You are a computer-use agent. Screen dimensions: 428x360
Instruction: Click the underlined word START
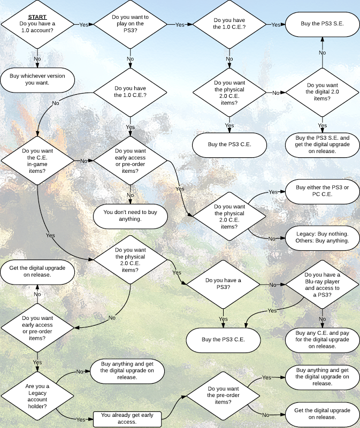[37, 17]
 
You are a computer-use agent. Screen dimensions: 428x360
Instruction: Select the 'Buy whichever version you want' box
[37, 79]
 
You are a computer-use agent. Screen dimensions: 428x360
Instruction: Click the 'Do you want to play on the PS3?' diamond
[131, 24]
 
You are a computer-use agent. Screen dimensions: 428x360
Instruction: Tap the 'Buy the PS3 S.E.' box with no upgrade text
[322, 24]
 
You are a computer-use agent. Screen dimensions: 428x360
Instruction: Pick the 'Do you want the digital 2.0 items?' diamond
[322, 92]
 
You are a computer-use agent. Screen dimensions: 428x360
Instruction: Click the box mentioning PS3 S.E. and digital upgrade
[322, 144]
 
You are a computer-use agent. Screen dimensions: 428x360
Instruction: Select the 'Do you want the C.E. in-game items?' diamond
[37, 160]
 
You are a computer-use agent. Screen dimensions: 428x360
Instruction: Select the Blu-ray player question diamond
[322, 285]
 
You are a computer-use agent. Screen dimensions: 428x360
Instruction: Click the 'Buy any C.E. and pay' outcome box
[322, 339]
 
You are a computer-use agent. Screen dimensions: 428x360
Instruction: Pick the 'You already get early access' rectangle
[127, 418]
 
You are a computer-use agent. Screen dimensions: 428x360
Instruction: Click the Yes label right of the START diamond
[83, 25]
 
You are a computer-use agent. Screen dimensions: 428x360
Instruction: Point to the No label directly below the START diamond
[37, 58]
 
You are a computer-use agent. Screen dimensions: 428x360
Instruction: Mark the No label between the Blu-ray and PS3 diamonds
[273, 285]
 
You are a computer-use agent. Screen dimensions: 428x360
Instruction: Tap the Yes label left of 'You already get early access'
[81, 419]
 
